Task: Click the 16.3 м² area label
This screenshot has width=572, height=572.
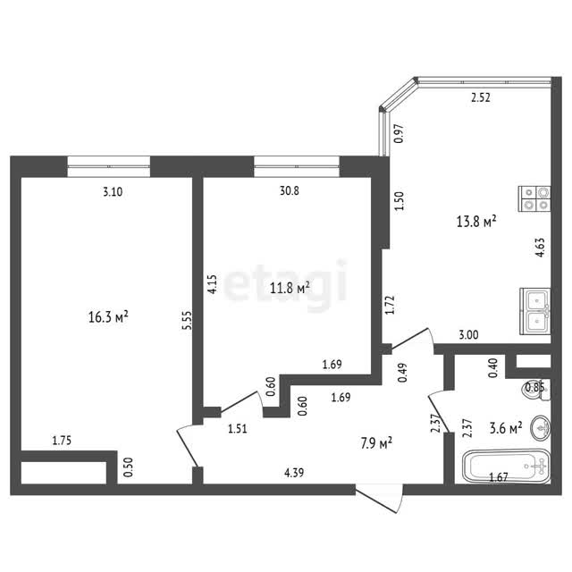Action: [x=108, y=316]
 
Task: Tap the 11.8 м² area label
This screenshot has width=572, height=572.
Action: [x=290, y=288]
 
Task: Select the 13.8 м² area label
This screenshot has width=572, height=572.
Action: [x=476, y=221]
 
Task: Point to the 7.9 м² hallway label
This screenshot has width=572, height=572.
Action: [x=376, y=443]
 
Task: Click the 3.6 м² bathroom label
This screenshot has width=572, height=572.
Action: [x=506, y=427]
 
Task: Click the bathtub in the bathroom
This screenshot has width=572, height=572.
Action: [x=507, y=466]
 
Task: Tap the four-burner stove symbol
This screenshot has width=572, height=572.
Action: [x=534, y=198]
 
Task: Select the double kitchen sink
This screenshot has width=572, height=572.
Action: [x=534, y=311]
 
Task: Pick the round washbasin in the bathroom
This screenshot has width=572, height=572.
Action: [x=540, y=427]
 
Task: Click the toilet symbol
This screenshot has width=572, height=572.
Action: [x=535, y=389]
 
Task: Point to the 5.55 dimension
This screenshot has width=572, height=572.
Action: [x=187, y=320]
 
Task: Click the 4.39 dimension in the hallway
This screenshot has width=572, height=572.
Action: [x=294, y=473]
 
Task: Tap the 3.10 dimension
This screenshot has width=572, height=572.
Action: [x=113, y=191]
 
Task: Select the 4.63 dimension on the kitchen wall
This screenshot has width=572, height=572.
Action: [x=540, y=248]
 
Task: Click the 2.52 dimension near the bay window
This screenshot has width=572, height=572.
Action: [x=481, y=97]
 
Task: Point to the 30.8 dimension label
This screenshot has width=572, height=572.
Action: [x=290, y=190]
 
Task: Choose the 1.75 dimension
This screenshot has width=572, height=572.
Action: [x=62, y=441]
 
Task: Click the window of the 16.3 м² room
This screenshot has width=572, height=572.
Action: [x=109, y=166]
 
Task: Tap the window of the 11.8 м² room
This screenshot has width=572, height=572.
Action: [x=297, y=166]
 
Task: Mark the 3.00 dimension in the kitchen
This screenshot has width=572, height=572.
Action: [x=468, y=335]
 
